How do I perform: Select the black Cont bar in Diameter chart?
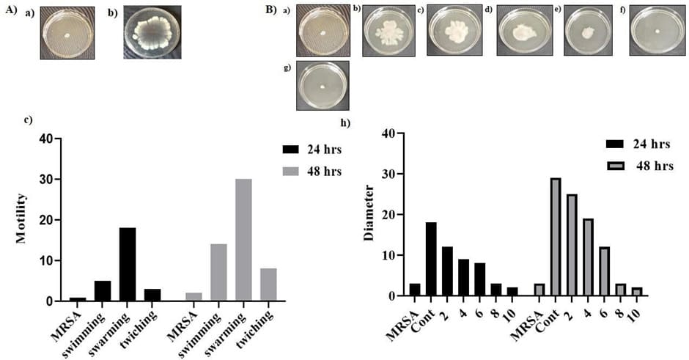click(431, 260)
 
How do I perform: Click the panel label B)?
click(270, 10)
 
